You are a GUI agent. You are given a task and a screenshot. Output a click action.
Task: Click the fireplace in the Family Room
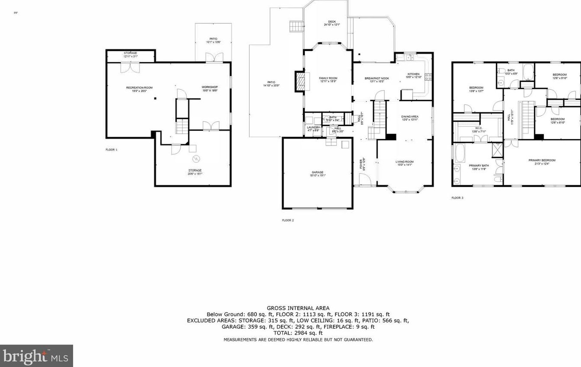pyautogui.click(x=300, y=81)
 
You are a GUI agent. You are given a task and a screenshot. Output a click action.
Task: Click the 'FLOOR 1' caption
pyautogui.click(x=111, y=149)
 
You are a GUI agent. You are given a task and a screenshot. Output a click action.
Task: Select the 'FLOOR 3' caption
pyautogui.click(x=457, y=198)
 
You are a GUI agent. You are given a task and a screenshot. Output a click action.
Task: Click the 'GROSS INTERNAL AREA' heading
pyautogui.click(x=298, y=308)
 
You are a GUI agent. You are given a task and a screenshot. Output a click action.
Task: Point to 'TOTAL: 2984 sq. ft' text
pyautogui.click(x=298, y=333)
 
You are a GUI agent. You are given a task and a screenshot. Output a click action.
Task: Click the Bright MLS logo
pyautogui.click(x=36, y=356)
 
